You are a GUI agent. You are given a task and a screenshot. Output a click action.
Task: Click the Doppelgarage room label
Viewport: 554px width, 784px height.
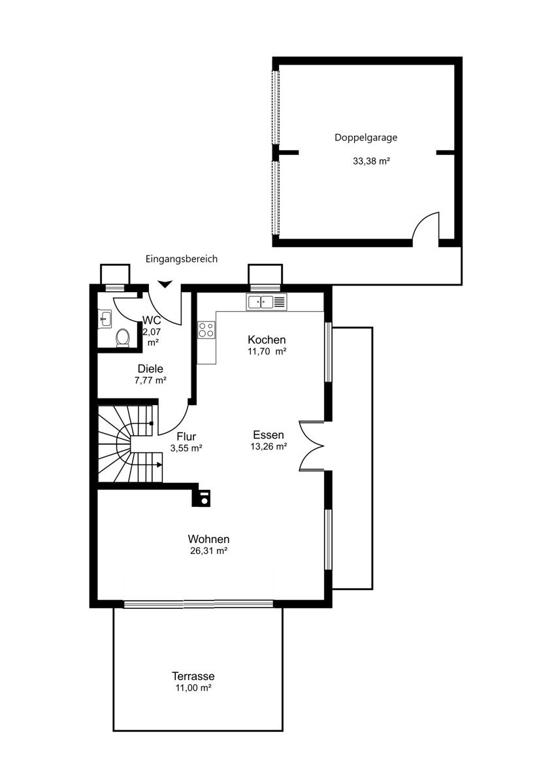366,138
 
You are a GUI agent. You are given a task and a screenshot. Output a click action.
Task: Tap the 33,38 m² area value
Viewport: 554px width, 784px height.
371,161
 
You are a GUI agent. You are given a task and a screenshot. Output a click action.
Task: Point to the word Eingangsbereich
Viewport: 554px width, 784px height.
182,259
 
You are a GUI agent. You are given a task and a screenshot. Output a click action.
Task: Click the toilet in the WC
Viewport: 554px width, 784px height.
122,337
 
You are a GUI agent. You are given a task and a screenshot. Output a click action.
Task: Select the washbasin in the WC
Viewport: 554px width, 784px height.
105,319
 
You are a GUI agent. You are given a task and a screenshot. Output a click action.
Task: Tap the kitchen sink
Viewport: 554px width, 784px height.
267,302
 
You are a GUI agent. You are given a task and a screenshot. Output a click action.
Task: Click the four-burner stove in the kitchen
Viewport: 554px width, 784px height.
206,330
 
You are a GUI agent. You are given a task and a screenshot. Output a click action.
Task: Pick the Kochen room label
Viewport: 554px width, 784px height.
267,340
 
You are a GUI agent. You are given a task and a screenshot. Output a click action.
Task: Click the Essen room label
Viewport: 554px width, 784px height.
269,435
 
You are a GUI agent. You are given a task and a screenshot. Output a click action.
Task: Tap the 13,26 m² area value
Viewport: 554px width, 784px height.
269,447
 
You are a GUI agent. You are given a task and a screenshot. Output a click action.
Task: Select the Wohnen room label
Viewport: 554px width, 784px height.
208,539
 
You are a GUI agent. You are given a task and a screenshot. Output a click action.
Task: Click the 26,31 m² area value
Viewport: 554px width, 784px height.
209,551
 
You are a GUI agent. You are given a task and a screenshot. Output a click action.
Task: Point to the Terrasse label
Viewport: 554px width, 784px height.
193,676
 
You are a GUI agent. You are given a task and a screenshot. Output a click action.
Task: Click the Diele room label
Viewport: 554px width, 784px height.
150,368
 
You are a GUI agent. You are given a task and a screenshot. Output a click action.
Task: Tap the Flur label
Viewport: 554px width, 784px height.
186,436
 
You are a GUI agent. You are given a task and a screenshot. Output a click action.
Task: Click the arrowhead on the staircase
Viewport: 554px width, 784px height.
159,465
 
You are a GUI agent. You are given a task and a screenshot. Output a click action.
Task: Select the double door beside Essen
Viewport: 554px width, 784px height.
312,446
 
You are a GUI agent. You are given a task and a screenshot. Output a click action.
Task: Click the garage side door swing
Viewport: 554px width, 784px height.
425,225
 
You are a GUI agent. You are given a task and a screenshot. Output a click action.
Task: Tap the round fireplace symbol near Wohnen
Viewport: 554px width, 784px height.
204,502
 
